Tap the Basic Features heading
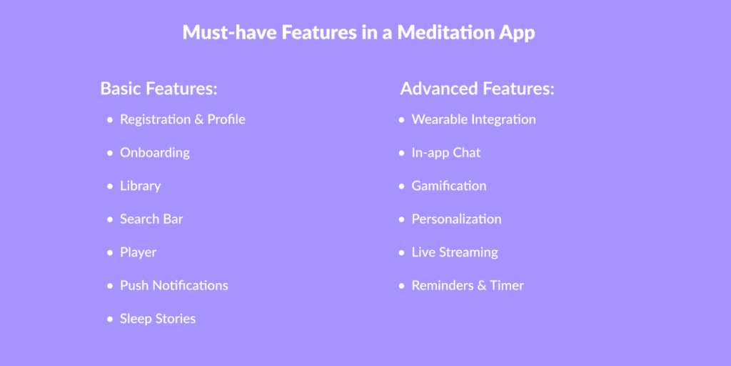click(159, 89)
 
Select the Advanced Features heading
click(478, 89)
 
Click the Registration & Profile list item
click(183, 119)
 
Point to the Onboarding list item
click(155, 153)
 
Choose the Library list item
click(141, 187)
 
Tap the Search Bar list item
click(151, 219)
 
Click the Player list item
click(138, 252)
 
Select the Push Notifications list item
click(174, 285)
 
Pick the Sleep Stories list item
click(158, 319)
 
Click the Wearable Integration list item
click(474, 119)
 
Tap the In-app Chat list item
click(446, 153)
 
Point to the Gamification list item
click(449, 186)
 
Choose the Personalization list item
click(456, 219)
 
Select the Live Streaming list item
click(455, 252)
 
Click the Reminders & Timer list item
click(468, 285)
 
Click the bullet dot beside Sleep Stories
click(110, 320)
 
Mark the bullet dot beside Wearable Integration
click(402, 120)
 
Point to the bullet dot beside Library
click(110, 187)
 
